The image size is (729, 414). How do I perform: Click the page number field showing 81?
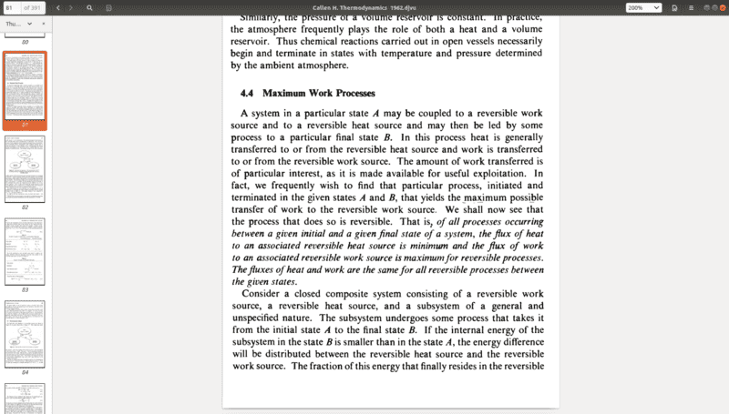click(x=10, y=7)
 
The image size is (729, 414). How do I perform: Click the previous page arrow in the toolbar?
click(x=58, y=7)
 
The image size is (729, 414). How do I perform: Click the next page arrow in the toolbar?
click(x=71, y=7)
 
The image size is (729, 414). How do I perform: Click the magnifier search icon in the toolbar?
click(x=89, y=7)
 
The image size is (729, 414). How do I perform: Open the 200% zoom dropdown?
click(x=643, y=7)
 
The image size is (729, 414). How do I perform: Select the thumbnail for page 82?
click(x=25, y=169)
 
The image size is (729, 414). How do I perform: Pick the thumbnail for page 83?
click(x=25, y=251)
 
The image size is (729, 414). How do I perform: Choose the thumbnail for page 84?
click(x=25, y=334)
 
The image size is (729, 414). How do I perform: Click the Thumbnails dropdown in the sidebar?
click(x=18, y=24)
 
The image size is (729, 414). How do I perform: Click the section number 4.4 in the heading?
click(x=246, y=94)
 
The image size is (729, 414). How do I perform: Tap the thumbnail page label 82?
click(x=25, y=207)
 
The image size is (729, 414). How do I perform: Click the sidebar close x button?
click(x=43, y=24)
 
